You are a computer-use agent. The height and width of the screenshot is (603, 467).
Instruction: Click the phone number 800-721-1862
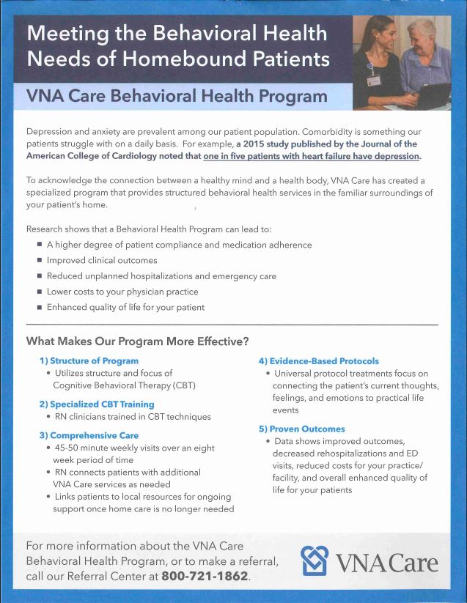(x=205, y=576)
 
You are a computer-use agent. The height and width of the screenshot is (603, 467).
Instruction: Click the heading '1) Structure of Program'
(x=89, y=360)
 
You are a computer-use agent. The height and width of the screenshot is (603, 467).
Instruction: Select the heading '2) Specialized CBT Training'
(x=97, y=404)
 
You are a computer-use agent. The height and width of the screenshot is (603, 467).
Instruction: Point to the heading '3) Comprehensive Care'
(x=89, y=435)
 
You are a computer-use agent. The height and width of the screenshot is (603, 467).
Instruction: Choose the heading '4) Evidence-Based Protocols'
(x=318, y=360)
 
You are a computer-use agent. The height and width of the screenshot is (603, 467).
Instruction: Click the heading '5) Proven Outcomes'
(x=301, y=429)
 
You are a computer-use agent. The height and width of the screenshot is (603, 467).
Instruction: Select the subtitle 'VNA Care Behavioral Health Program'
(x=176, y=96)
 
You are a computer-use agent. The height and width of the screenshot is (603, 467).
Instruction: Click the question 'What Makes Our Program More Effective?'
(x=137, y=341)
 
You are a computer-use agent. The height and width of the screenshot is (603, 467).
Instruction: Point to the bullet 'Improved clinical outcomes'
(x=102, y=260)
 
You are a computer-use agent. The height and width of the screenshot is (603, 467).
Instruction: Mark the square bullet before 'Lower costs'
(x=40, y=292)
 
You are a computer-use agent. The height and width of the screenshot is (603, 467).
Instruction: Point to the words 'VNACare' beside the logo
(x=386, y=563)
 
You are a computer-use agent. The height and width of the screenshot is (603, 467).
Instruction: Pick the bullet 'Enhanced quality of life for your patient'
(x=125, y=307)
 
